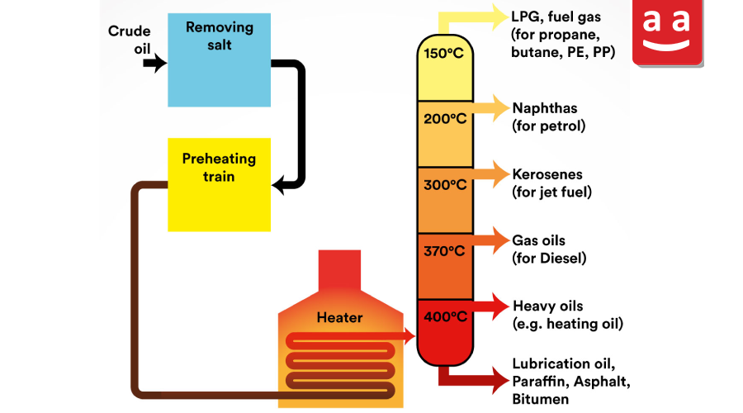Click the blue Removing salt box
[219, 59]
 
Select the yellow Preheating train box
[219, 184]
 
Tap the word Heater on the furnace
[339, 317]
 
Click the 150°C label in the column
[443, 53]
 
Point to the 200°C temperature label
[445, 119]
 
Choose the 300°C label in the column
[445, 184]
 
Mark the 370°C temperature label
[444, 250]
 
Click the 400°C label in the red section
[446, 316]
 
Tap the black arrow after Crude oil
[155, 63]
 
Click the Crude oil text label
[130, 40]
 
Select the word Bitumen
[540, 399]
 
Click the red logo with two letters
[667, 32]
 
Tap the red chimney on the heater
[339, 270]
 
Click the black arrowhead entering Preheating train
[279, 184]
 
